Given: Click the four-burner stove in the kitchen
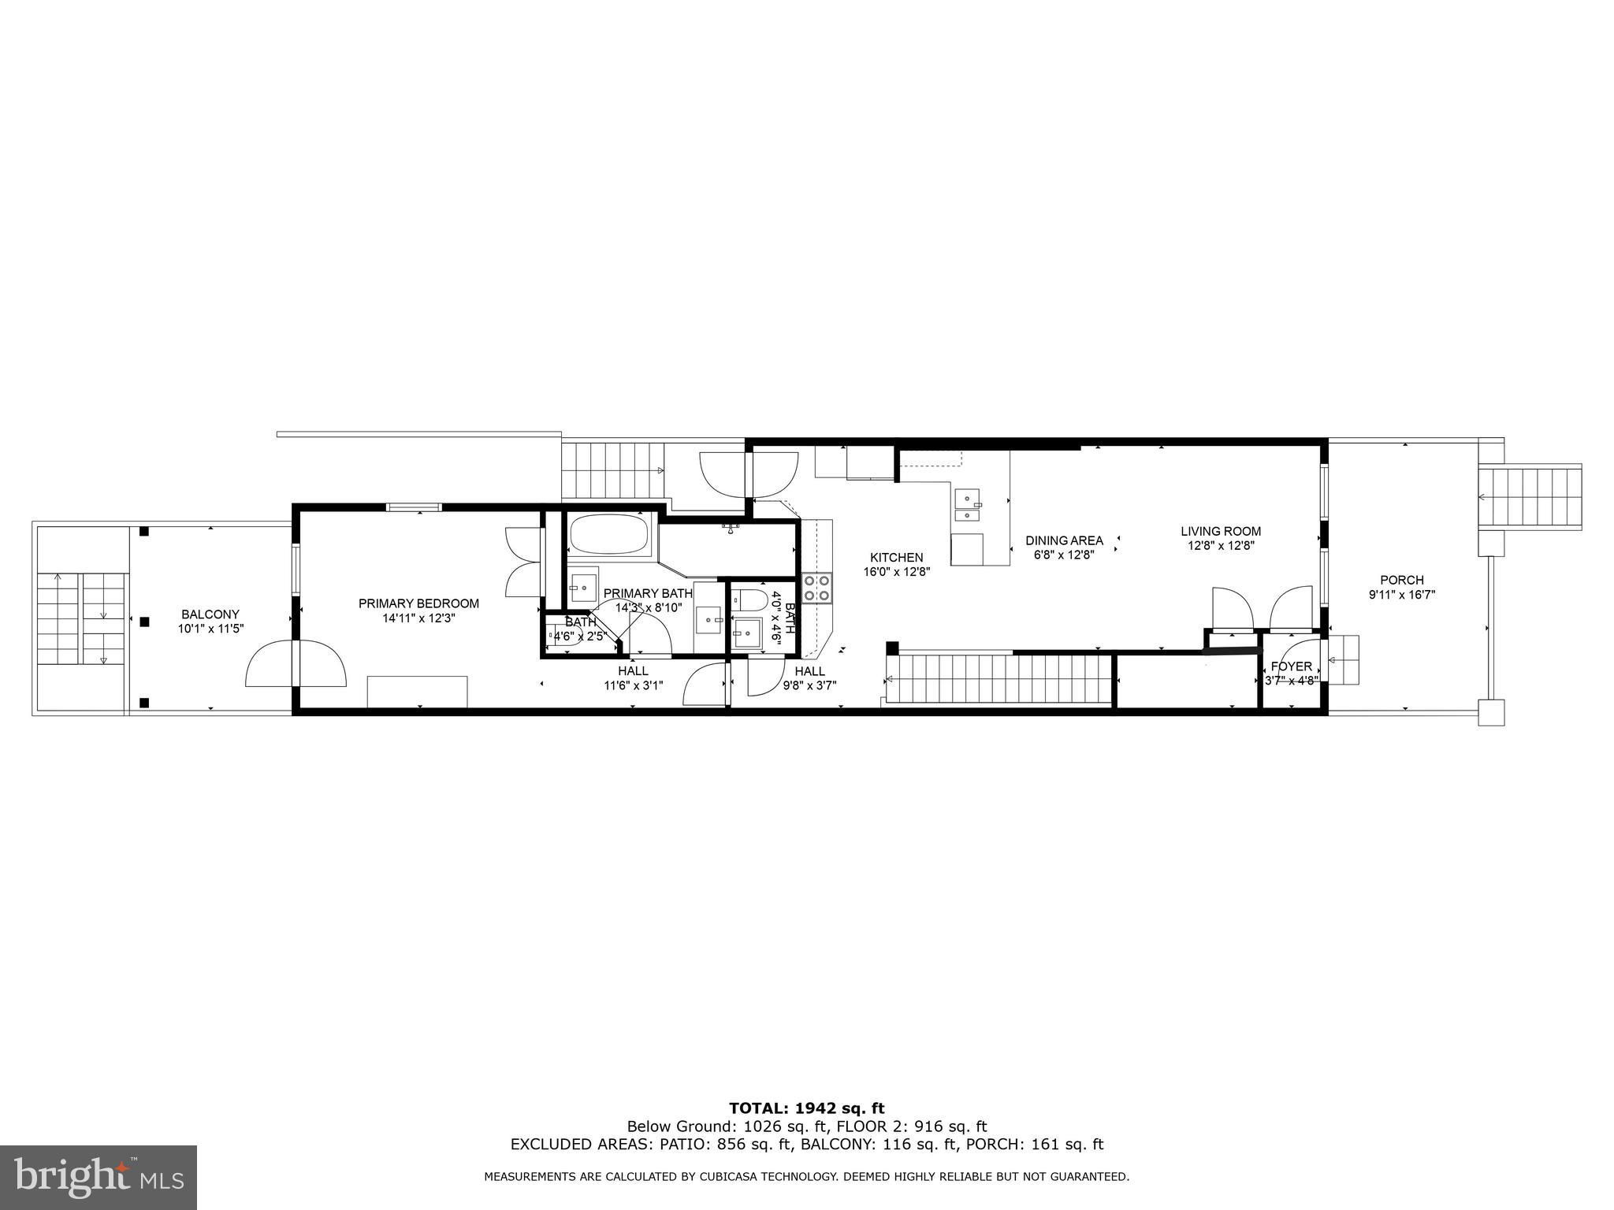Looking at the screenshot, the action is tap(817, 588).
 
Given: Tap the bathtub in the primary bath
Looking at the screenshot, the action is tap(609, 536).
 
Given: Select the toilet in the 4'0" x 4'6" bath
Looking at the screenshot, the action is tap(749, 600).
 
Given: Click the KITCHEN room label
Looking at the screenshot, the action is tap(897, 558).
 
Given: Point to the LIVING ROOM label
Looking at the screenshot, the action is tap(1221, 531).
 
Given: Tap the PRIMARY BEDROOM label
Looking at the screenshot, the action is tap(418, 603).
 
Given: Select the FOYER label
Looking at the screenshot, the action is tap(1292, 666).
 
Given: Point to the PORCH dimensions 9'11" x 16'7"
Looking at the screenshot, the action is tap(1402, 596).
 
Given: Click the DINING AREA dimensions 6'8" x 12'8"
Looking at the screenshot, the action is tap(1064, 554).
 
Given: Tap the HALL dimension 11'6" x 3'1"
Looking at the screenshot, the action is tap(633, 685).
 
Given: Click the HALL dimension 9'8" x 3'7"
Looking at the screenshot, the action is tap(810, 685).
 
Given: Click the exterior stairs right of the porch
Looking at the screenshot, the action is tap(1530, 497).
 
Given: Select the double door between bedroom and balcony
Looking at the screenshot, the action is tap(296, 663).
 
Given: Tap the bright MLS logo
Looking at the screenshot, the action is tap(99, 1178).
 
